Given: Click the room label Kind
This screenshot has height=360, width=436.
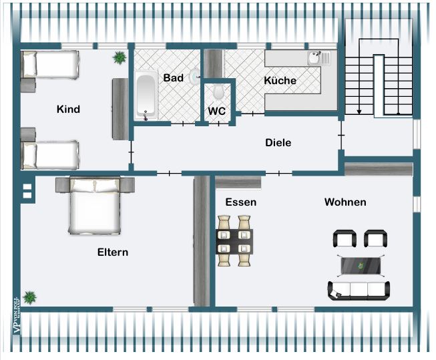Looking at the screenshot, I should [x=68, y=110].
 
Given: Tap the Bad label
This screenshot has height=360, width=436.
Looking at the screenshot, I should [x=173, y=78].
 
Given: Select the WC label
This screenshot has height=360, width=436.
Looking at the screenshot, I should [x=217, y=112].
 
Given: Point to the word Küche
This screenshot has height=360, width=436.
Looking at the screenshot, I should [x=280, y=81].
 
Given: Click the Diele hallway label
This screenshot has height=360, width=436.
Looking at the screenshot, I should [x=278, y=142].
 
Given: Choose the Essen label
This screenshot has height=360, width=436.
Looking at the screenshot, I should [x=240, y=202].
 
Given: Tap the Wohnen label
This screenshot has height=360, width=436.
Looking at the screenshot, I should [x=345, y=202].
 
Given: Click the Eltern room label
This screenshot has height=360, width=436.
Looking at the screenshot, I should [x=112, y=252].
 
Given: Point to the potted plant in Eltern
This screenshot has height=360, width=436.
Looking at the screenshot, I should [x=29, y=296].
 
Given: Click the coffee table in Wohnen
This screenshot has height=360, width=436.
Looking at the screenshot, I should [x=363, y=266].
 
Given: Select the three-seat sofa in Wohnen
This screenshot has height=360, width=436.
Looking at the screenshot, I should [x=359, y=290].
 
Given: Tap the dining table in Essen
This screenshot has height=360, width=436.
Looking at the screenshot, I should [x=234, y=240].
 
